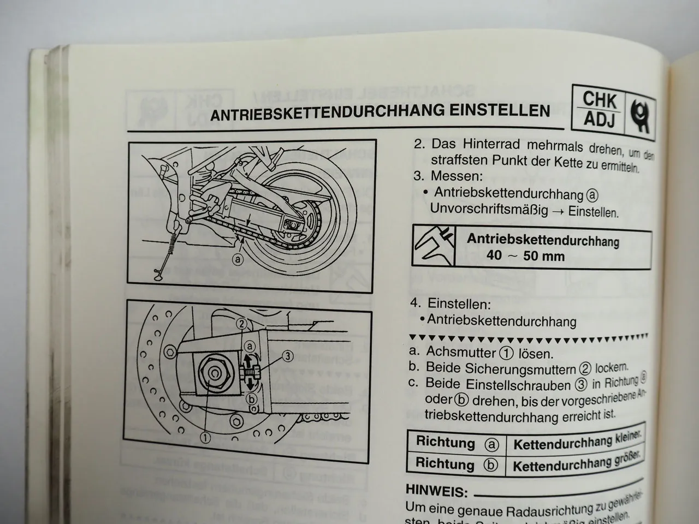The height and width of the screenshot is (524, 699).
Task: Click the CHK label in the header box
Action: [599, 100]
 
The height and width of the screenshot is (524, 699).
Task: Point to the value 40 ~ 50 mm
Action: [525, 255]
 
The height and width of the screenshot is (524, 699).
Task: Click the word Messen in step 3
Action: [456, 176]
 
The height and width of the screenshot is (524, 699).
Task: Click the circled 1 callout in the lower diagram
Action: [205, 437]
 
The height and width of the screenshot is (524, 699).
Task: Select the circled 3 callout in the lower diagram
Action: [288, 356]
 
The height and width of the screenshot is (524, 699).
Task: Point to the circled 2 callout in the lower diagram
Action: [241, 323]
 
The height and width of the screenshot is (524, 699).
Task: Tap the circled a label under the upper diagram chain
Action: [237, 260]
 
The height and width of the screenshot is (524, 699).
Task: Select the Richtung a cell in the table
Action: [457, 443]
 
